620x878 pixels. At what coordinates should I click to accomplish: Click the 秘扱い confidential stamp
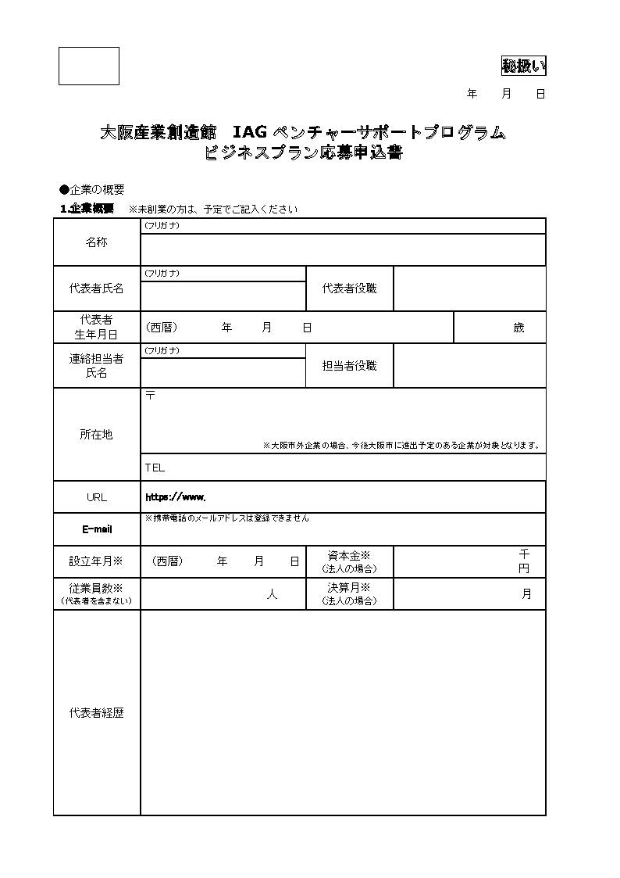523,66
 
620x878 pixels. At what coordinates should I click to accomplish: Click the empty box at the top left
89,66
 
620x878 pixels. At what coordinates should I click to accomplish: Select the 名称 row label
97,242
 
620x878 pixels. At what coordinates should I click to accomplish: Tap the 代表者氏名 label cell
97,288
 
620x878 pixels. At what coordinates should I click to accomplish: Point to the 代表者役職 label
349,288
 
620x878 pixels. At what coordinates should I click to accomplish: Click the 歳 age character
518,328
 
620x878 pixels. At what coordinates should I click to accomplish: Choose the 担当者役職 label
349,365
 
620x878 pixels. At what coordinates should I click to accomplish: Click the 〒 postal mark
150,396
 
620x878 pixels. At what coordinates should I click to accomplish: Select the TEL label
155,468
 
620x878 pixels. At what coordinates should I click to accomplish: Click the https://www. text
176,496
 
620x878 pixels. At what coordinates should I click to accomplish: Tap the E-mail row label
97,529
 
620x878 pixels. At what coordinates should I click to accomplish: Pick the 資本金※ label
349,555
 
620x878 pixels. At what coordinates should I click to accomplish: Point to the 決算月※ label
349,587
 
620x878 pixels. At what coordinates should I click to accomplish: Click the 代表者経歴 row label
97,713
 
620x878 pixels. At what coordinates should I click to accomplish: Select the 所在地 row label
97,434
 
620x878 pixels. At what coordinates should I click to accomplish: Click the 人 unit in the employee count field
272,595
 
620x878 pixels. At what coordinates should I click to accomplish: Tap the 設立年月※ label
97,561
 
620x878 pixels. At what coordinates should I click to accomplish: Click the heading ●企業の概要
92,190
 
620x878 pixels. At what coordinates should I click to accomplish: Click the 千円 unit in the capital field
524,561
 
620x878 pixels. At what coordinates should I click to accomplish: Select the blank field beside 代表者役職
469,288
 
